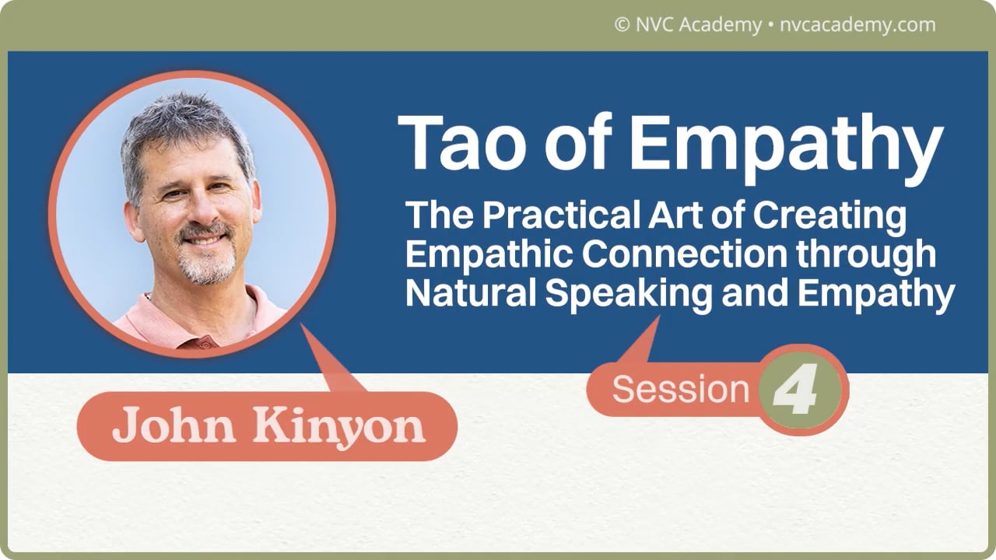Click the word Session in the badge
tap(680, 390)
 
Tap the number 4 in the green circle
tap(795, 390)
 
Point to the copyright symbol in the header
tap(622, 25)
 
